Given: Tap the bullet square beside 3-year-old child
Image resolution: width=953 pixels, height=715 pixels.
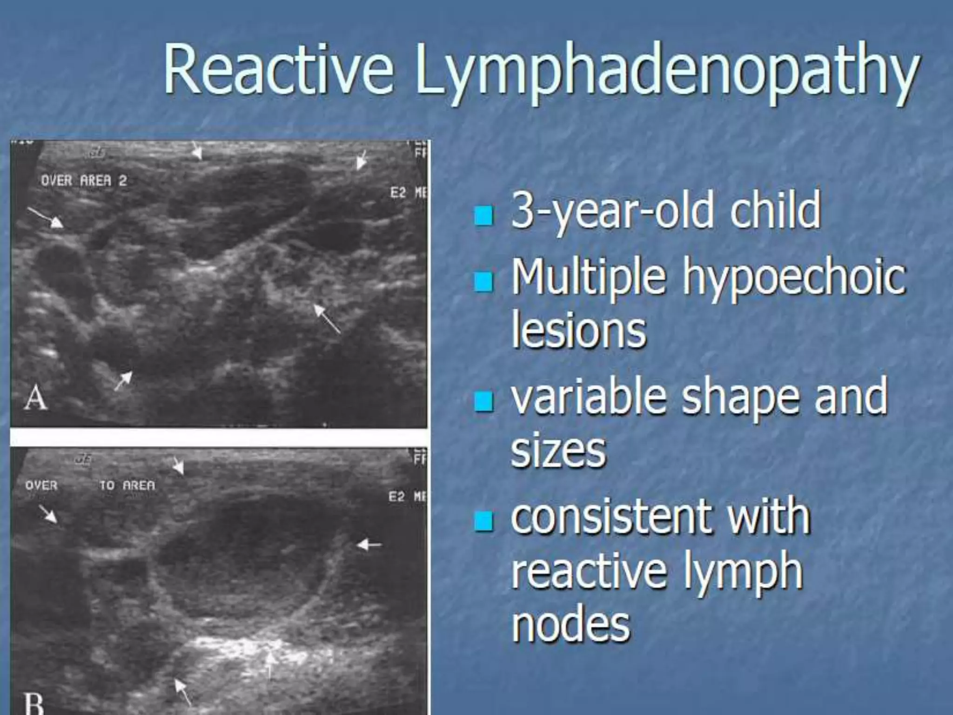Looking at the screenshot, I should click(x=483, y=216).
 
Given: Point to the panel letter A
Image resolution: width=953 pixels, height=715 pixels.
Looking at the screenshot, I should click(x=36, y=398).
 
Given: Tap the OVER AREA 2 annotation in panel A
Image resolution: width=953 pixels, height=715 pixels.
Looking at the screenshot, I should click(x=84, y=181).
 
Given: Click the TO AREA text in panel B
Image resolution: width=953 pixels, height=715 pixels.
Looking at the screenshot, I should click(x=127, y=486).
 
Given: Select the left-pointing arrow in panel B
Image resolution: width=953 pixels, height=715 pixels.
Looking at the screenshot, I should click(x=369, y=544).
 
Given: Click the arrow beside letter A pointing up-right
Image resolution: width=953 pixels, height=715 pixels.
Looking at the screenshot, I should click(x=123, y=381).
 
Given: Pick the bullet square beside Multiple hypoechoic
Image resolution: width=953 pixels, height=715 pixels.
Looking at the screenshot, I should click(x=483, y=282).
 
